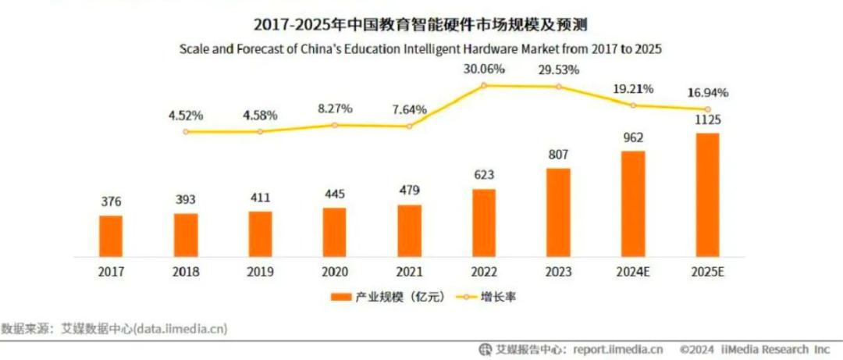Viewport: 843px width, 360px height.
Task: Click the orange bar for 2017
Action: coord(111,235)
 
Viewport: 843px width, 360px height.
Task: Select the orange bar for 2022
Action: coord(484,223)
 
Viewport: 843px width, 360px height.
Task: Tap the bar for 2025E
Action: coord(708,194)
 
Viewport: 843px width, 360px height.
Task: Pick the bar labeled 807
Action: coord(559,212)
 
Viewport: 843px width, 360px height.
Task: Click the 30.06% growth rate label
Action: coord(484,69)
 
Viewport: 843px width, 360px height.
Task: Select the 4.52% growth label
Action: coord(186,116)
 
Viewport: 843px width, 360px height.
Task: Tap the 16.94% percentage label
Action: coord(707,93)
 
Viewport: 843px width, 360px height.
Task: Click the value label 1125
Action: coord(708,120)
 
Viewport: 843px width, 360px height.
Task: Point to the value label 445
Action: coord(335,194)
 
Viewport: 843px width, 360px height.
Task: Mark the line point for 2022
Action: coord(484,85)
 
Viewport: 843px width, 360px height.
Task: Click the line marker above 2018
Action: coord(186,131)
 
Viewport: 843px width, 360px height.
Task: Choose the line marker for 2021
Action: coord(409,126)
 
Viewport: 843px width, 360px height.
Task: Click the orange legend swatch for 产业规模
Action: coord(341,298)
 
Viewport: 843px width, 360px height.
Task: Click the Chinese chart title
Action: coord(421,23)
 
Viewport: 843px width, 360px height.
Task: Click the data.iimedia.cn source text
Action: coord(180,329)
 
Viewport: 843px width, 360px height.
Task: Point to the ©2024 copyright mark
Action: coord(697,349)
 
